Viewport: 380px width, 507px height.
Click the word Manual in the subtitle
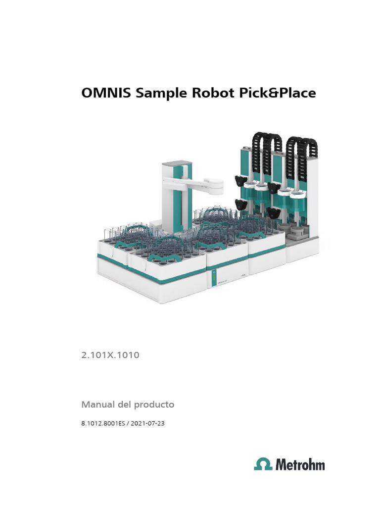point(98,405)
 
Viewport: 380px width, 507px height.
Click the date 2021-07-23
point(148,424)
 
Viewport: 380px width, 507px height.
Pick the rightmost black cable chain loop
point(305,149)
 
